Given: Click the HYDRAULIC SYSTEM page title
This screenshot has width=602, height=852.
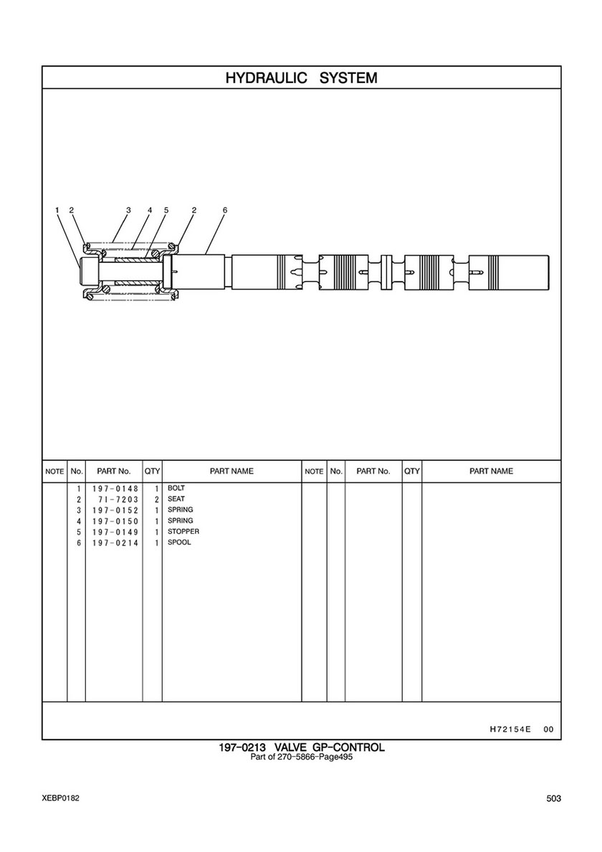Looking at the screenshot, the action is click(301, 77).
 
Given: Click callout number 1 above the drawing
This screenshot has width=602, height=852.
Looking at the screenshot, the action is click(57, 210).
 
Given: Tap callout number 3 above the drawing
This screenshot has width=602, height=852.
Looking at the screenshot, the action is click(129, 210).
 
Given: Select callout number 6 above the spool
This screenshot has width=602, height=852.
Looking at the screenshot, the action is click(225, 210).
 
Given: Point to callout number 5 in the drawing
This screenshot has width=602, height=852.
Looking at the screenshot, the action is click(166, 210).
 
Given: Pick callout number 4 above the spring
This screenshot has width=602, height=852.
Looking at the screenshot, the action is click(149, 210).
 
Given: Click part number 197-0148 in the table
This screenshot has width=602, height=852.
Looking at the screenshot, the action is click(115, 489).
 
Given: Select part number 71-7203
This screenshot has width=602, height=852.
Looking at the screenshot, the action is click(118, 499).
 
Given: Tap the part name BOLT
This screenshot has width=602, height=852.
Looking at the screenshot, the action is click(176, 488).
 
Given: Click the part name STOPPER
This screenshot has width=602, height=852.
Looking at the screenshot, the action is click(183, 532).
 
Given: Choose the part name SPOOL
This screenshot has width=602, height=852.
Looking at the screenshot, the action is click(179, 542).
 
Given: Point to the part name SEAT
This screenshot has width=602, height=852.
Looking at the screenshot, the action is click(176, 499).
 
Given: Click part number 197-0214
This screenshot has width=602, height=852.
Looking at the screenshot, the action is click(115, 543).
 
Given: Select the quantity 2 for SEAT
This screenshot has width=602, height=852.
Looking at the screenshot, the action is click(156, 499).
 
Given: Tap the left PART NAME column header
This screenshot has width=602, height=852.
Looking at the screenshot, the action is click(231, 471).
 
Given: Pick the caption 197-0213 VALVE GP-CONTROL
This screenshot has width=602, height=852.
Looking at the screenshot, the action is click(302, 747).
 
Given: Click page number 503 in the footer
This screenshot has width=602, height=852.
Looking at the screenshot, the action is click(554, 798).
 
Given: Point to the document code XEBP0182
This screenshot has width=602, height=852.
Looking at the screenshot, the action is click(60, 798).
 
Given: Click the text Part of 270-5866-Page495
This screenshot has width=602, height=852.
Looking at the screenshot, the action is click(302, 757).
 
